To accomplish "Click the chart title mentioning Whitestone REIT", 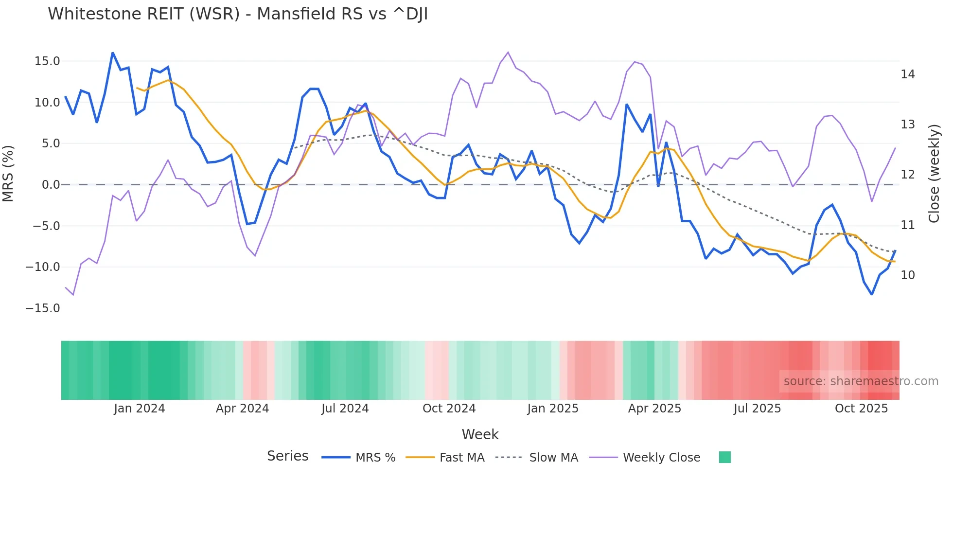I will click(238, 14).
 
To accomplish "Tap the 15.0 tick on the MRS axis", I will click(47, 61).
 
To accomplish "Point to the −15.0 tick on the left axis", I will click(43, 308).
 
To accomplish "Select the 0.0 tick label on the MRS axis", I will click(51, 185).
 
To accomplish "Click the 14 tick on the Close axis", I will click(907, 74).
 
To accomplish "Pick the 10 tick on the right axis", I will click(907, 275).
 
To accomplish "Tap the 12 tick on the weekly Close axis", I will click(907, 175).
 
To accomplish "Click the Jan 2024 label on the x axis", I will click(140, 409).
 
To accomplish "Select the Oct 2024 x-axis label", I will click(449, 409).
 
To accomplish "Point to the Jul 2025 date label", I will click(757, 409).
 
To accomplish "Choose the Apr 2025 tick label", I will click(654, 409).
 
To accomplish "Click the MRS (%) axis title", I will click(8, 173).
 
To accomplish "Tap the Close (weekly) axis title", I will click(934, 174).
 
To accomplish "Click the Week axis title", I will click(480, 434).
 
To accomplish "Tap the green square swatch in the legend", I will click(724, 457).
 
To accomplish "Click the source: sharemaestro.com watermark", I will click(861, 381).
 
